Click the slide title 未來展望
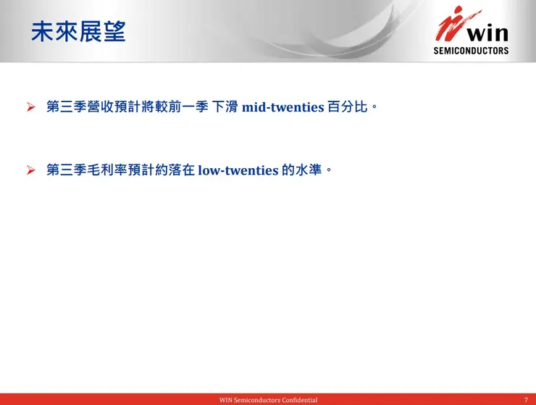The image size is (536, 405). click(x=78, y=31)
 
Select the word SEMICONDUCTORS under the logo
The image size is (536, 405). click(x=471, y=51)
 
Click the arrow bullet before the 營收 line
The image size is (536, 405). click(x=31, y=108)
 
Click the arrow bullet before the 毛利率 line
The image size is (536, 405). click(x=31, y=171)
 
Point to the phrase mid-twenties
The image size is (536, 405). click(x=282, y=108)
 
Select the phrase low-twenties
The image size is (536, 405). click(x=238, y=171)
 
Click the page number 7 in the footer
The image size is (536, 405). click(x=526, y=400)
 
